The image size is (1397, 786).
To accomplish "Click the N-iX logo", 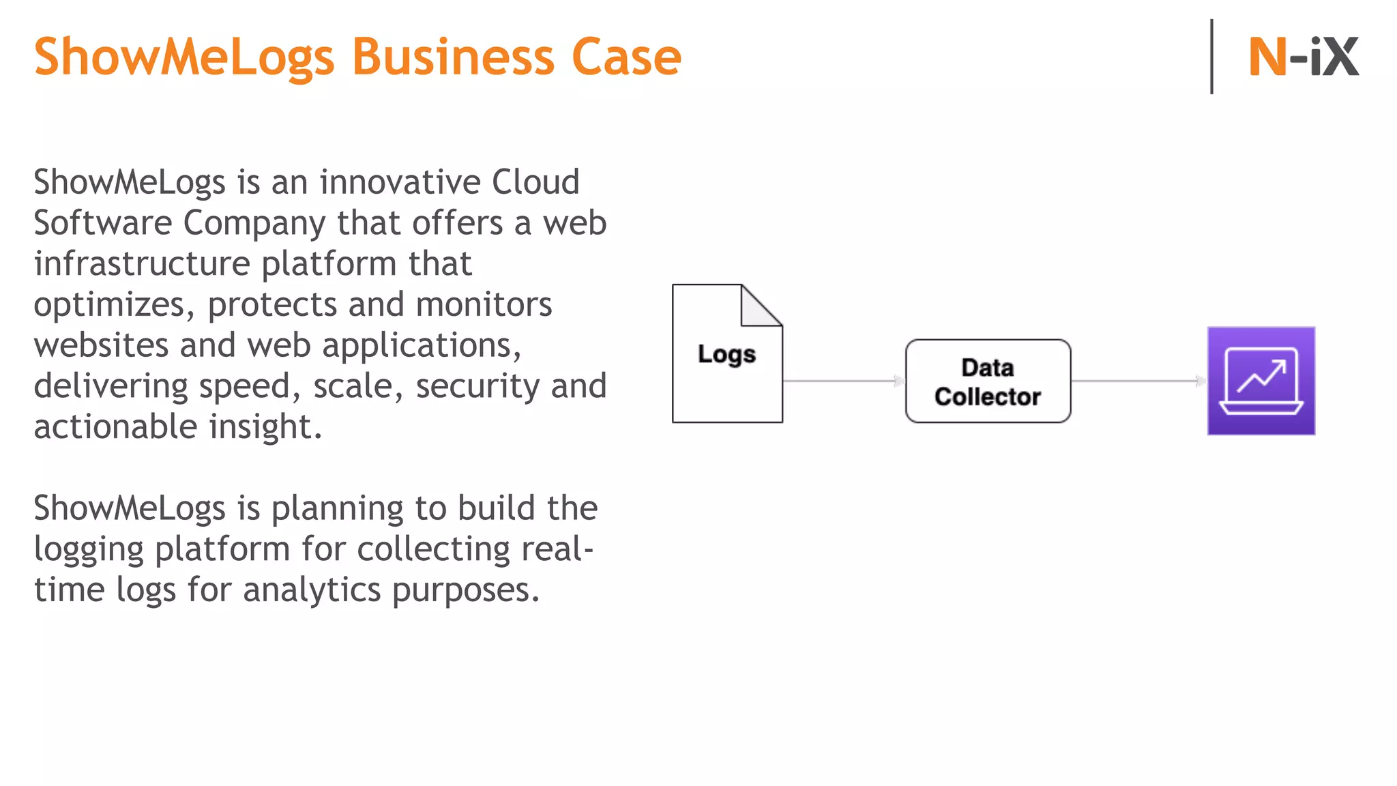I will pos(1303,57).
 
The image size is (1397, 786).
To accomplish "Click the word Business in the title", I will pos(454,57).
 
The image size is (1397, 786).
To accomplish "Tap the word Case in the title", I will pos(626,57).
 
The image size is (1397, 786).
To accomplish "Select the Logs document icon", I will pos(726,368).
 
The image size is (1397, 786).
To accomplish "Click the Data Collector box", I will pos(987,381).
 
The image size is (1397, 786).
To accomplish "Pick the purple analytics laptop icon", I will pos(1261,381).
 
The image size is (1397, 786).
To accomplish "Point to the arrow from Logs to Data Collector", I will pos(844,381).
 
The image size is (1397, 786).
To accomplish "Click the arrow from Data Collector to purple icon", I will pos(1138,381).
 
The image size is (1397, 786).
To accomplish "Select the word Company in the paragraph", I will pos(254,224).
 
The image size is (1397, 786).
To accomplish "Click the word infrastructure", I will pos(142,264).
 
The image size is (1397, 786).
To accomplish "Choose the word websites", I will pos(101,345).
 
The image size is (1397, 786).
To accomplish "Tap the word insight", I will pos(265,427).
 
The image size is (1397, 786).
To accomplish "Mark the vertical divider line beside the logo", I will pos(1211,57).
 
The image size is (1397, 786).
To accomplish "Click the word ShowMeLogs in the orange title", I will pos(184,57).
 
